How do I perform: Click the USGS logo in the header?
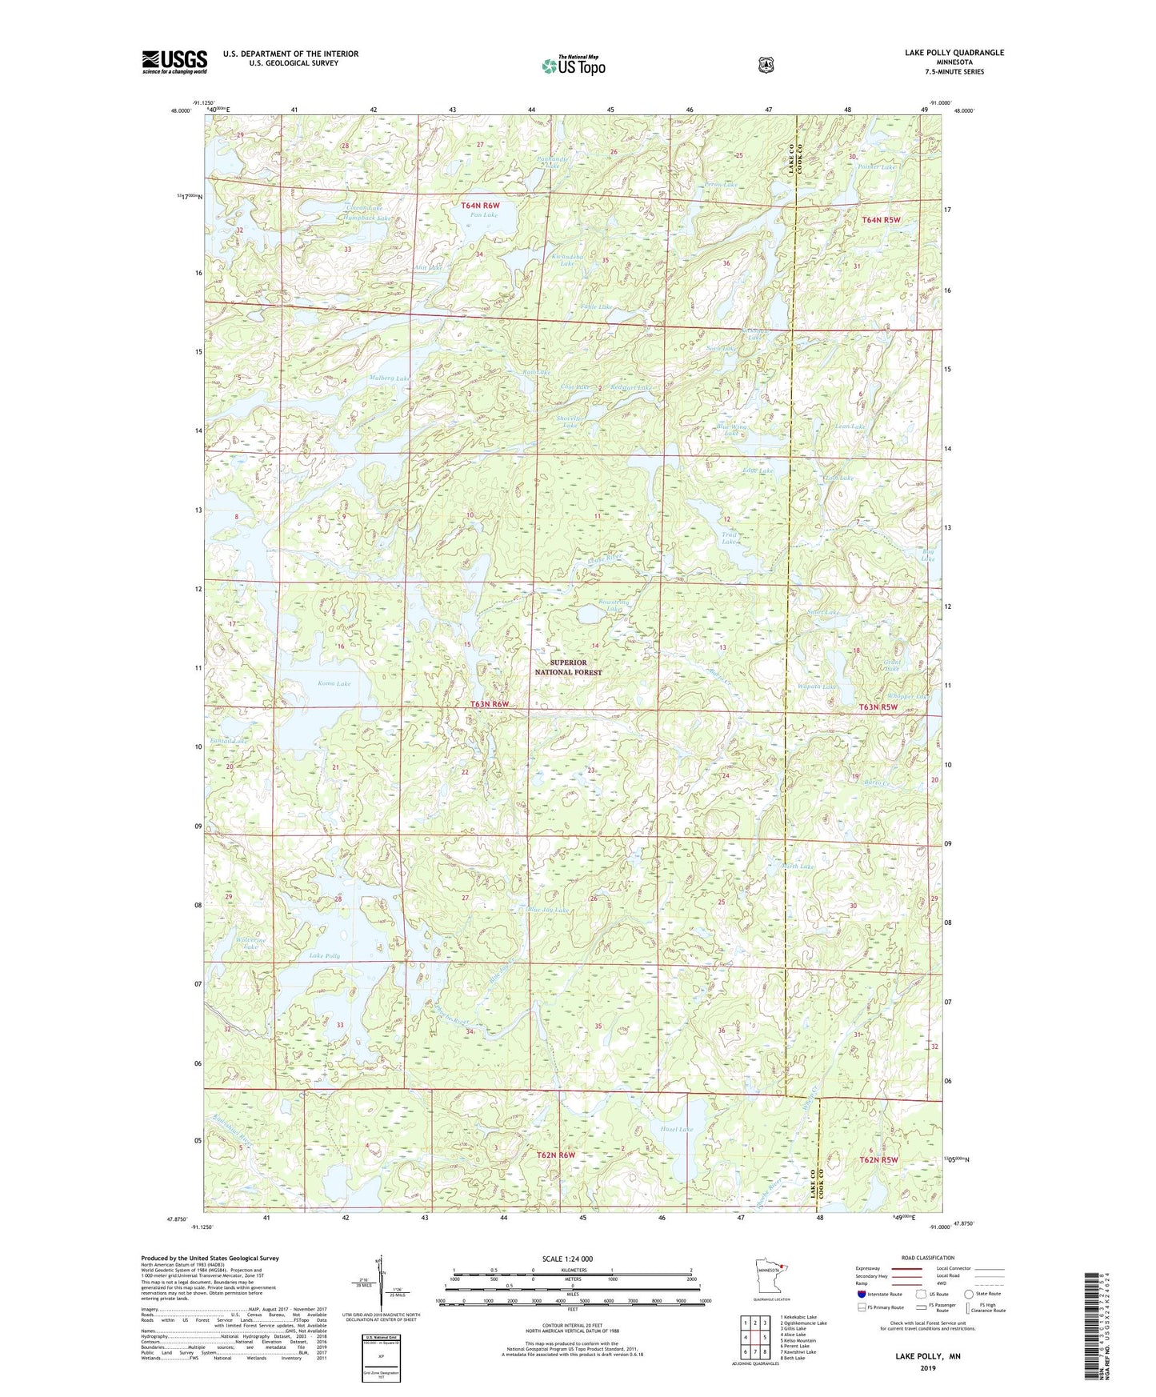tap(174, 61)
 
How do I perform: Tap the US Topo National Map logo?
tap(572, 66)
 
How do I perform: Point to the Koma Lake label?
tap(334, 683)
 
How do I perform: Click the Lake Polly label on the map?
tap(325, 956)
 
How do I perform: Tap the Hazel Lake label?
tap(676, 1129)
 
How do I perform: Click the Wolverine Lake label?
tap(251, 943)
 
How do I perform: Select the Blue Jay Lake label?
tap(549, 910)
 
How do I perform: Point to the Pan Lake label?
tap(484, 215)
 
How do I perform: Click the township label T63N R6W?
tap(489, 704)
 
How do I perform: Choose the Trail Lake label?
tap(729, 538)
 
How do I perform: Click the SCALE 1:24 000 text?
tap(567, 1259)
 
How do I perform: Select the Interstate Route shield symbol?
tap(861, 1293)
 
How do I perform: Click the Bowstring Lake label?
tap(614, 604)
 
